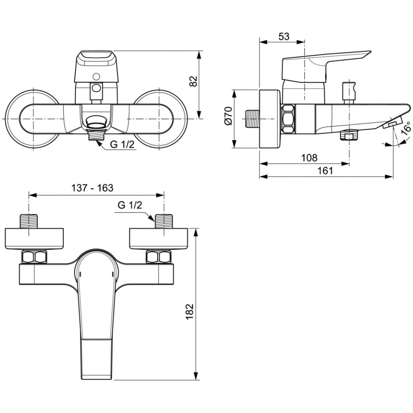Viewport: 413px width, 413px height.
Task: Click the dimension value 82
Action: point(194,81)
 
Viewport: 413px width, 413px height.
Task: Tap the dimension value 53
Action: point(284,36)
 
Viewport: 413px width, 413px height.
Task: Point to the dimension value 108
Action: point(309,158)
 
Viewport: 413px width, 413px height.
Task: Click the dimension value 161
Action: point(325,171)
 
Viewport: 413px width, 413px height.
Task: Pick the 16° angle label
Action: point(406,128)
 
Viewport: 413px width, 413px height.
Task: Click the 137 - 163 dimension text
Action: point(93,188)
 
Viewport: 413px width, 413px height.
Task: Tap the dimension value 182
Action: point(190,311)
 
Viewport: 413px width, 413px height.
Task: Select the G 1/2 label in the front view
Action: point(122,144)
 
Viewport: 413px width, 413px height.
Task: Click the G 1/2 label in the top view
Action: point(130,205)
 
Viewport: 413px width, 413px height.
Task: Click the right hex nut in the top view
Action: point(159,257)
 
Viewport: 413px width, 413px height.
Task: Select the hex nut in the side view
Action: point(288,119)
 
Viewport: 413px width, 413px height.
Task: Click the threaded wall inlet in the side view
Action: point(252,119)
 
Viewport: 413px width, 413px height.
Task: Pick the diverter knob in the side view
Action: point(349,91)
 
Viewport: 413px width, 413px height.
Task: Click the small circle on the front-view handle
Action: point(96,77)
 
